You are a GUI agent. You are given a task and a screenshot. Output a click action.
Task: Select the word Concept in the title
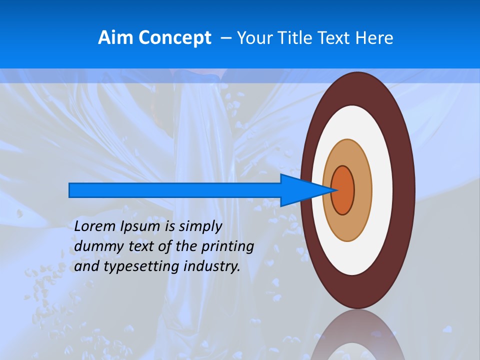(175, 38)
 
